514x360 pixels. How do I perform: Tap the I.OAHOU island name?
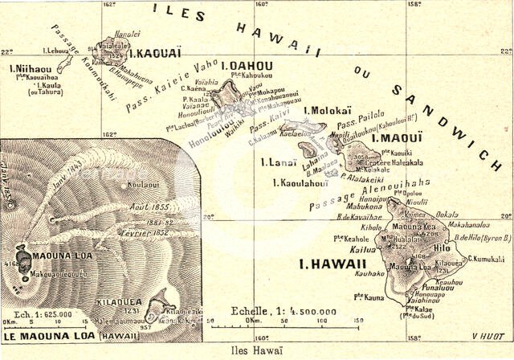247,66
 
